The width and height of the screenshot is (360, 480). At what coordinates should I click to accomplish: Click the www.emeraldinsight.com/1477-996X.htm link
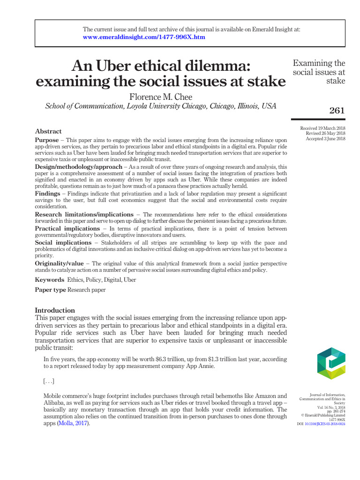pyautogui.click(x=144, y=37)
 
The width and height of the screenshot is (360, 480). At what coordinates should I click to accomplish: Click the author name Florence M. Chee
pyautogui.click(x=160, y=97)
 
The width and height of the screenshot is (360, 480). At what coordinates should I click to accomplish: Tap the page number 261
pyautogui.click(x=337, y=111)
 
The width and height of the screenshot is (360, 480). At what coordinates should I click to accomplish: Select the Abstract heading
pyautogui.click(x=48, y=131)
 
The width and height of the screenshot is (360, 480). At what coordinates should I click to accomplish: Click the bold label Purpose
pyautogui.click(x=47, y=140)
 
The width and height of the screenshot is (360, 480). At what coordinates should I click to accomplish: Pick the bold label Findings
pyautogui.click(x=47, y=194)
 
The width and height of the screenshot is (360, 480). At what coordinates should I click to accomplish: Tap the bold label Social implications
pyautogui.click(x=63, y=243)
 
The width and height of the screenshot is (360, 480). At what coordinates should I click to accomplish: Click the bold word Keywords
pyautogui.click(x=50, y=280)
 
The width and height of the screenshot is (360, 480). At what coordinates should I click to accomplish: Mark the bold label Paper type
pyautogui.click(x=51, y=290)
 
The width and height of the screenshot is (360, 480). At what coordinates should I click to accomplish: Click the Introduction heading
pyautogui.click(x=55, y=310)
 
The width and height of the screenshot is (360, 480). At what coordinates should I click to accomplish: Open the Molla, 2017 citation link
pyautogui.click(x=73, y=423)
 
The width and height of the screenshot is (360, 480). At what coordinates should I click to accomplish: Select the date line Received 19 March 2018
pyautogui.click(x=322, y=128)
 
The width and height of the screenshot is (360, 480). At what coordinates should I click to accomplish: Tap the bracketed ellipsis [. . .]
pyautogui.click(x=49, y=381)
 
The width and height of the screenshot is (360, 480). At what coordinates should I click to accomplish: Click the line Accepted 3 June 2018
pyautogui.click(x=325, y=139)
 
